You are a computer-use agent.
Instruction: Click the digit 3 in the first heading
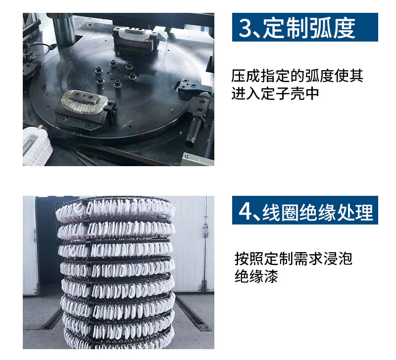tap(245, 28)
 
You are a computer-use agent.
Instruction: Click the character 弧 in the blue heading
tap(321, 28)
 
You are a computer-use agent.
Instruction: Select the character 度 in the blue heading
tap(344, 28)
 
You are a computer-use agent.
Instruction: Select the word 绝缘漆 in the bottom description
tap(256, 276)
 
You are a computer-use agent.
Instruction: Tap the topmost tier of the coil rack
tap(115, 207)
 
